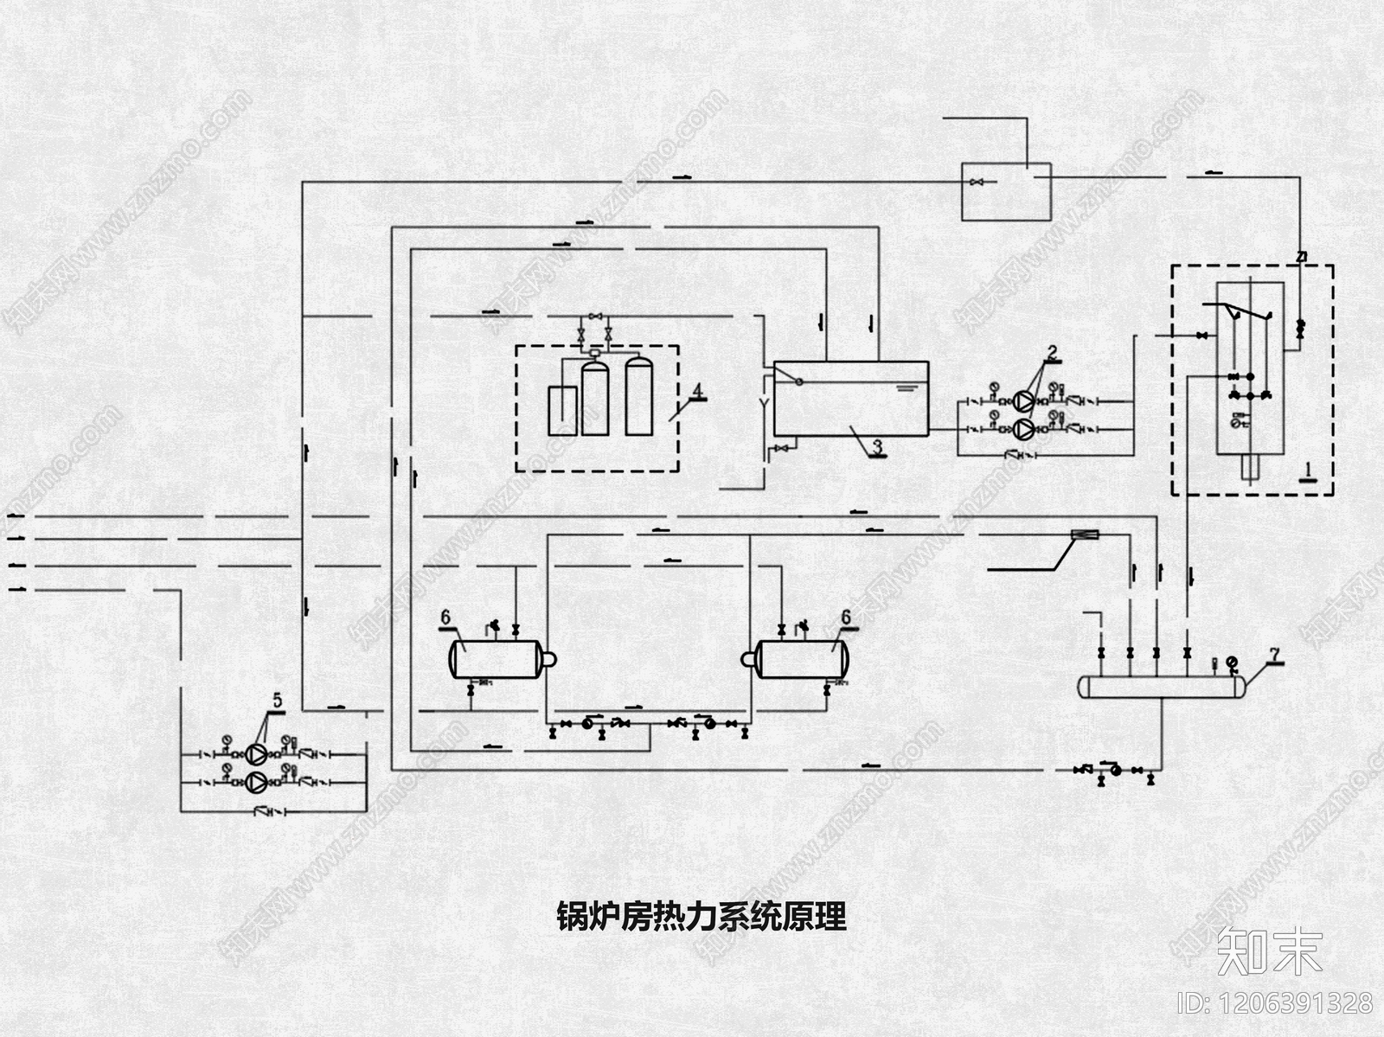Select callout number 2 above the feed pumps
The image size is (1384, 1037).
tap(1052, 352)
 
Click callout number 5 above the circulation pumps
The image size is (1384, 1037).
tap(277, 700)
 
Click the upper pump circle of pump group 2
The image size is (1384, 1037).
tap(1024, 402)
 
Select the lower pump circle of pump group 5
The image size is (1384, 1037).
tap(257, 782)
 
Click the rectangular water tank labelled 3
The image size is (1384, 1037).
tap(850, 398)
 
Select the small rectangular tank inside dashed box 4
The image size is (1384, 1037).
tap(562, 410)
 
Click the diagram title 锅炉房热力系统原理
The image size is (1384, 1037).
tap(701, 917)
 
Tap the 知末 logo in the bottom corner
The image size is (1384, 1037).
tap(1269, 950)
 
